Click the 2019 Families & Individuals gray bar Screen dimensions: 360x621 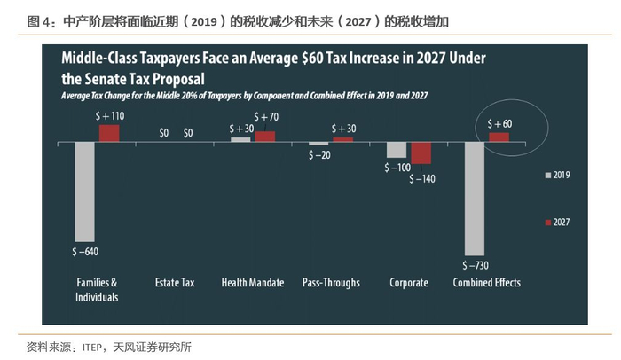(x=84, y=191)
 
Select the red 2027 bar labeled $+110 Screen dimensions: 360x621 (x=108, y=133)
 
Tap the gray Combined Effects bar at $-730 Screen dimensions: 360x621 (x=474, y=199)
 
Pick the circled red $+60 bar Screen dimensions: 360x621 (x=499, y=137)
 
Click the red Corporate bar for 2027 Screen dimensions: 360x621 (x=421, y=153)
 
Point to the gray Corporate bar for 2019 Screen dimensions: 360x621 (x=397, y=150)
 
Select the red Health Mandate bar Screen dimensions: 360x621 (x=264, y=137)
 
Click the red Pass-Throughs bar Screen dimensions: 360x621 (x=342, y=139)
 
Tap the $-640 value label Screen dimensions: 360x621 (x=85, y=252)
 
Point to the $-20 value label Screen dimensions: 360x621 (x=320, y=154)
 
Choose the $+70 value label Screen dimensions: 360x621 (x=266, y=116)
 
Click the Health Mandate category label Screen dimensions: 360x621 (x=252, y=283)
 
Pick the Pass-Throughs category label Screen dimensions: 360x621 (x=330, y=283)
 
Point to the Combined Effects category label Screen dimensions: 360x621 (x=486, y=283)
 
